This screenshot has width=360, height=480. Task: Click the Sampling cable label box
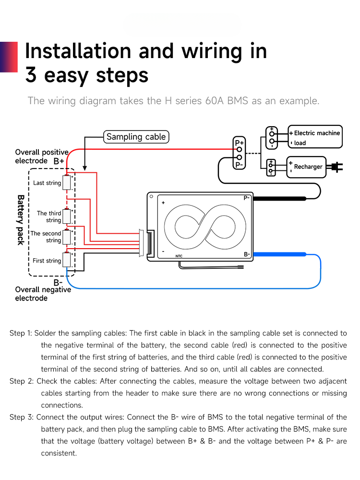136,137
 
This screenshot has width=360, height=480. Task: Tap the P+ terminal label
239,143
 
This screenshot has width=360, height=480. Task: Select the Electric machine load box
316,138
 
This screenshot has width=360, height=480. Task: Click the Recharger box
307,167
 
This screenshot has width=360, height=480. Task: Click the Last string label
47,183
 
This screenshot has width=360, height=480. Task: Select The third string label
49,216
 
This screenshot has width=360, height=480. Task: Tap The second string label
46,237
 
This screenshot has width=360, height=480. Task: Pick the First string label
47,261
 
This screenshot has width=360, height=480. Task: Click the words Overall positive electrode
41,156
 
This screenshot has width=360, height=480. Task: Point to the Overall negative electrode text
43,294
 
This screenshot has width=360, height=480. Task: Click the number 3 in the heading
31,75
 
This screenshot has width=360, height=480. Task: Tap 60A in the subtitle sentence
217,101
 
